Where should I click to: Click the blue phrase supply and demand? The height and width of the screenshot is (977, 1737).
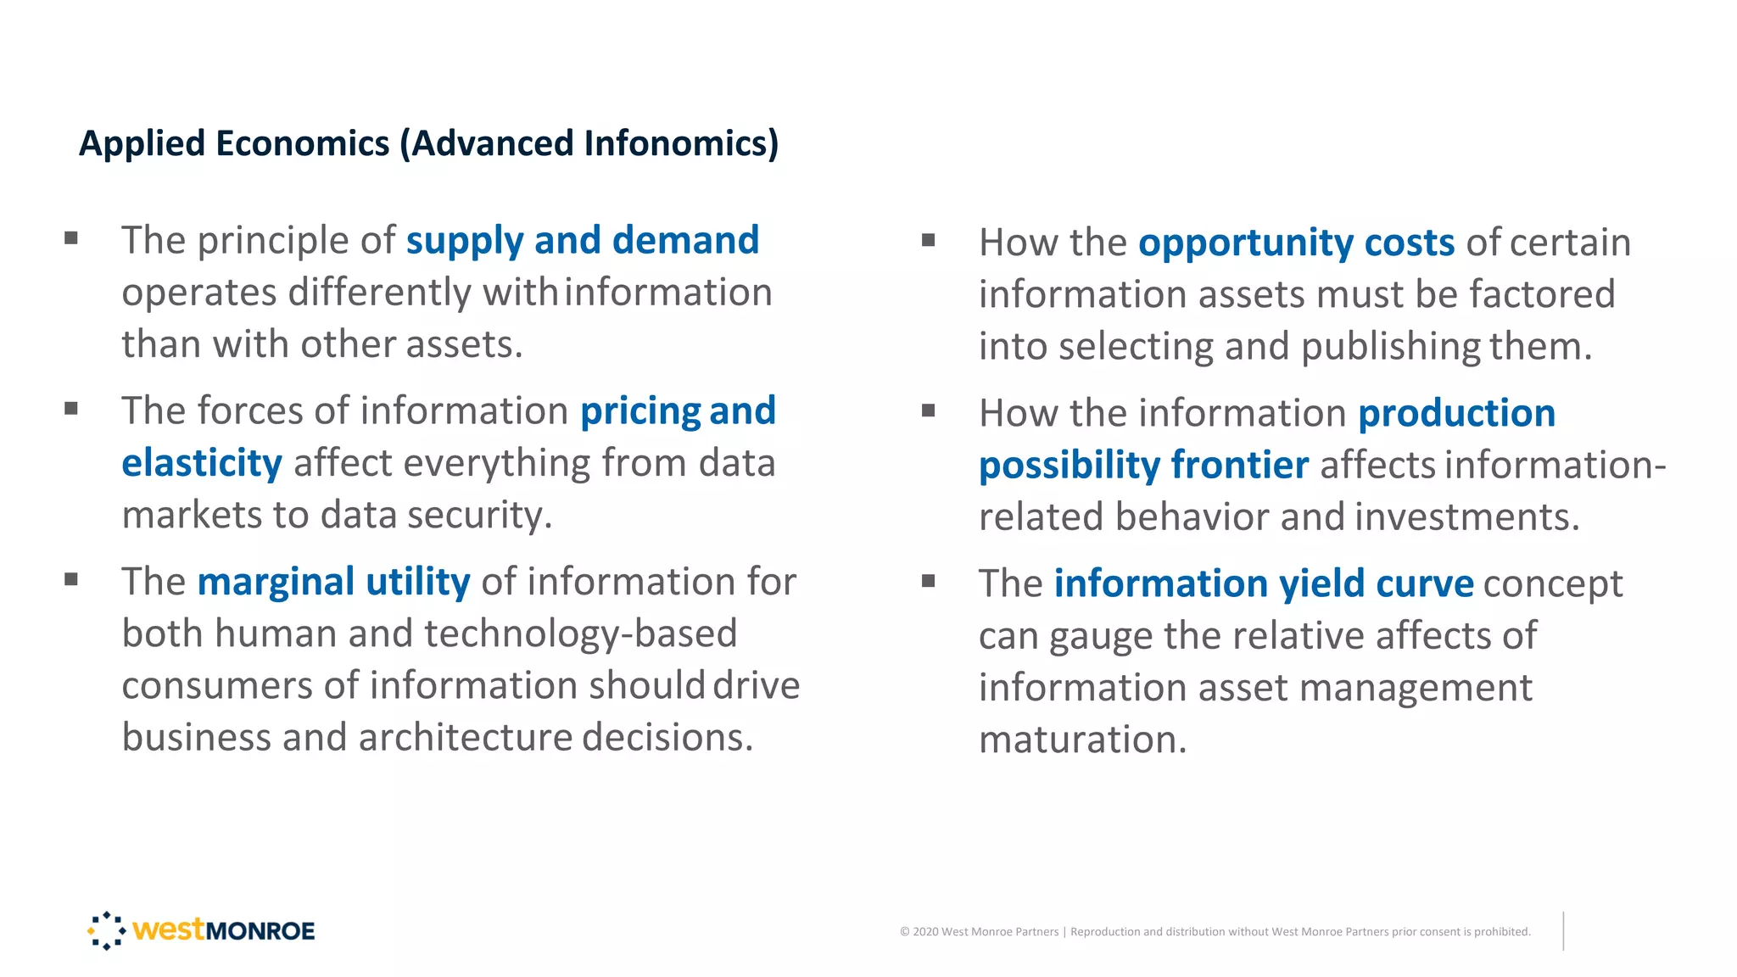[582, 240]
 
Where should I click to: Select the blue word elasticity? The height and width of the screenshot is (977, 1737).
[202, 463]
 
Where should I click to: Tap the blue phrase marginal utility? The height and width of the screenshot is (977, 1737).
[333, 582]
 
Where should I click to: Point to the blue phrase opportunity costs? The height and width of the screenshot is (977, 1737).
[1296, 243]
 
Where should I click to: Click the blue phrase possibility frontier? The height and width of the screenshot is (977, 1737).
[1143, 466]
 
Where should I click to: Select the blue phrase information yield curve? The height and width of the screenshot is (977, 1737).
[1264, 583]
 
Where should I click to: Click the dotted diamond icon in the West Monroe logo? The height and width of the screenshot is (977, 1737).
[107, 930]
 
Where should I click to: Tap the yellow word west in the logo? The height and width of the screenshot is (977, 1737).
[169, 930]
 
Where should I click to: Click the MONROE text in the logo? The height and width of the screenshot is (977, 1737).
[260, 931]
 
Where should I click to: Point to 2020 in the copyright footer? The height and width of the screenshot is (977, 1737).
[925, 932]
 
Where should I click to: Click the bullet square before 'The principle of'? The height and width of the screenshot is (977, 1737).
[71, 238]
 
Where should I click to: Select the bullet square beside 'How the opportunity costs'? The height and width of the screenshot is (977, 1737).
[929, 240]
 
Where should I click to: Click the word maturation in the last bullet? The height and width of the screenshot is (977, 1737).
[1082, 740]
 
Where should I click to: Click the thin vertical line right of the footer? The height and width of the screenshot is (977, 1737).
[1563, 931]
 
